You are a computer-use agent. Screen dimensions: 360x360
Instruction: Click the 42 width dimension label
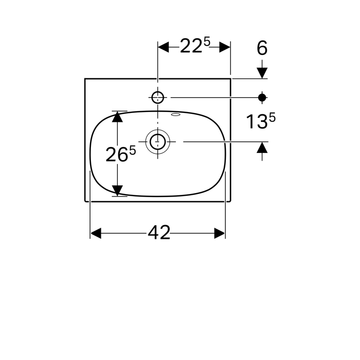(x=159, y=233)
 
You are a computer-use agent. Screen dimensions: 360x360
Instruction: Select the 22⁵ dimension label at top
(x=195, y=45)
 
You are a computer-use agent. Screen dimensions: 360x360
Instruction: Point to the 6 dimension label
(x=262, y=48)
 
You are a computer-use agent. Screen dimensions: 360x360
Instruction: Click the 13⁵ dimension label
(x=261, y=121)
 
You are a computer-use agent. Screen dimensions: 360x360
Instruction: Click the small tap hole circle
(x=158, y=97)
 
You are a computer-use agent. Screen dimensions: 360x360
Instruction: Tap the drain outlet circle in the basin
(x=158, y=142)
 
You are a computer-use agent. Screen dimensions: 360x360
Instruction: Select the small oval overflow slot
(x=176, y=114)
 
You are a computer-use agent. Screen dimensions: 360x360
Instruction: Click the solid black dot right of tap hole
(x=262, y=98)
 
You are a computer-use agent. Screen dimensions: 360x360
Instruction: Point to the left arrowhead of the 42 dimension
(x=96, y=233)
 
